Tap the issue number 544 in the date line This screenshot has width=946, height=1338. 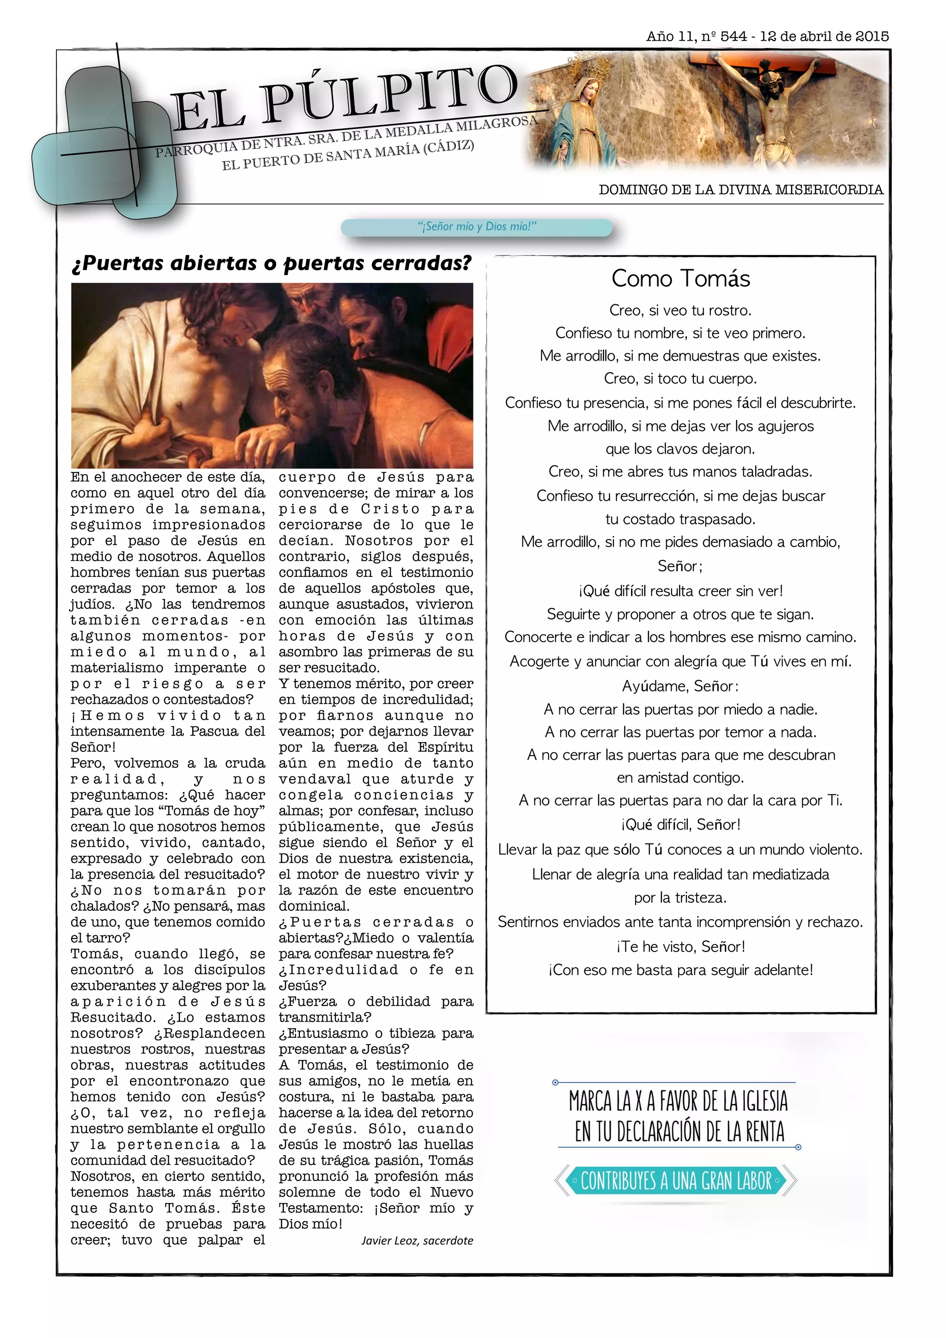click(733, 36)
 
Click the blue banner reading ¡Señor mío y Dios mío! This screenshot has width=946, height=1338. click(476, 227)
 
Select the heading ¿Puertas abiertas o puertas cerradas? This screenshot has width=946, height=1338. click(271, 263)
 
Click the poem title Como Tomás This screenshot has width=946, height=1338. click(680, 278)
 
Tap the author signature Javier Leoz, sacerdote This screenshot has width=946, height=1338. click(417, 1240)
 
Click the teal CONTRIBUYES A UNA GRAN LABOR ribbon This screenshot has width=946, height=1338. click(676, 1181)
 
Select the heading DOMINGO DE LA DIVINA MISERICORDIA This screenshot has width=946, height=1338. click(740, 190)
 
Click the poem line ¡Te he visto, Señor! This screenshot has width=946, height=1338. click(680, 946)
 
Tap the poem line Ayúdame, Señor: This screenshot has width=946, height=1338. click(680, 686)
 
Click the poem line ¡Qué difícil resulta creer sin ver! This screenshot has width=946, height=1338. click(680, 591)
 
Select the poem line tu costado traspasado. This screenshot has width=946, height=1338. click(680, 519)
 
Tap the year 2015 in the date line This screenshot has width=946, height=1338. click(872, 36)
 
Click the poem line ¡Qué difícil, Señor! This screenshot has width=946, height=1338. click(680, 824)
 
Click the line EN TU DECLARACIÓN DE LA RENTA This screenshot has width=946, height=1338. click(679, 1132)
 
